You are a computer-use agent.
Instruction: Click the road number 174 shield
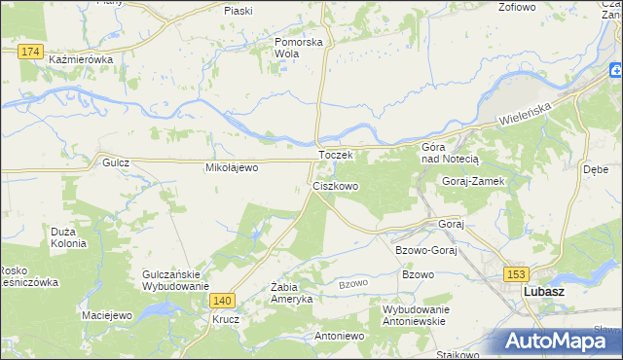click(x=31, y=51)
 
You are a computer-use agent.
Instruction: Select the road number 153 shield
click(x=515, y=275)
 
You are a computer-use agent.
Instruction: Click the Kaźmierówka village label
click(x=81, y=59)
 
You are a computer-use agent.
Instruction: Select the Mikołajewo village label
click(x=231, y=167)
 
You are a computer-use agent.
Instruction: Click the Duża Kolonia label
click(x=69, y=237)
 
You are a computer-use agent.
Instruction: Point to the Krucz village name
click(x=227, y=319)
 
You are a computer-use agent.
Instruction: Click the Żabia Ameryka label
click(x=291, y=293)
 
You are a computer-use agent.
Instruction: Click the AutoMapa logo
click(x=554, y=341)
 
